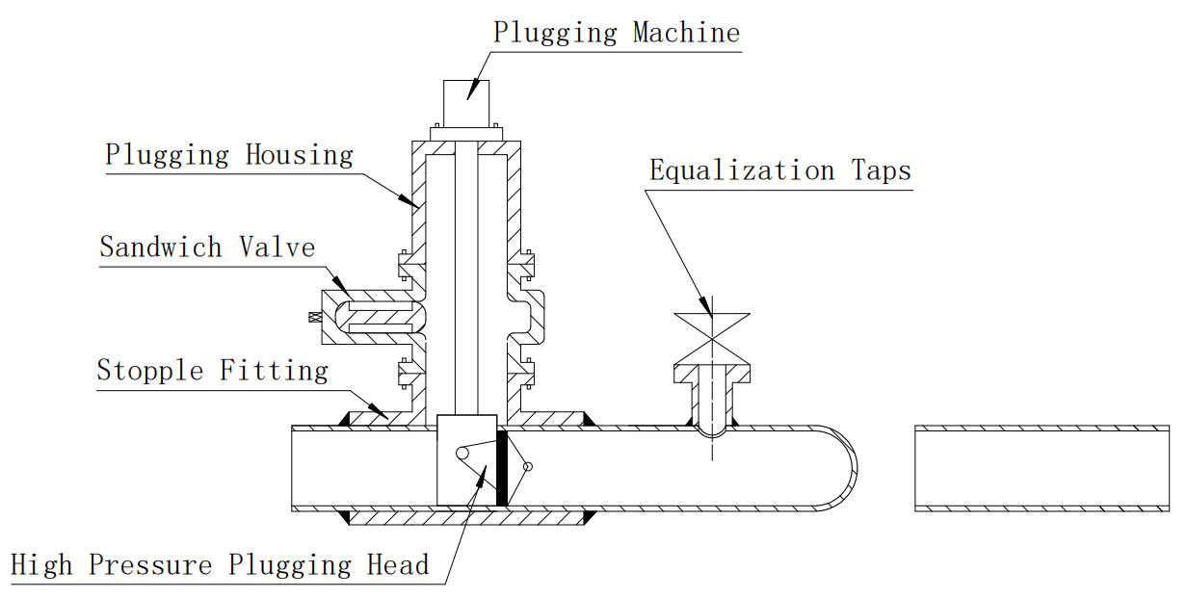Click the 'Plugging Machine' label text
[x=617, y=32]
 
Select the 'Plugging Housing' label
[x=229, y=154]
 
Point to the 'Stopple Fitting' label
[x=212, y=370]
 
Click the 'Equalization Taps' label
[x=779, y=171]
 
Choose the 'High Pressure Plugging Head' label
[x=220, y=564]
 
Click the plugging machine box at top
[x=466, y=102]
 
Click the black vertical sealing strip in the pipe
[x=501, y=468]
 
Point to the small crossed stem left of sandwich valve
[x=312, y=317]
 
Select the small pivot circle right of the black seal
[x=526, y=467]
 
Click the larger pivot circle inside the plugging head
[x=463, y=452]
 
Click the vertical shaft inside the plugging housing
[x=466, y=289]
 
